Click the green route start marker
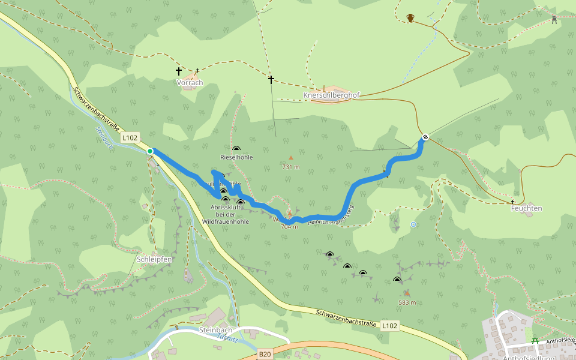tap(150, 151)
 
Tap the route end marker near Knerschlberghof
tap(425, 137)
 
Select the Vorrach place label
tap(190, 83)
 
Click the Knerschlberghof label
tap(327, 95)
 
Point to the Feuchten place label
tap(526, 208)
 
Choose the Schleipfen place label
tap(155, 259)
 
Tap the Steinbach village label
tap(215, 330)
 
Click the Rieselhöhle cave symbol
tap(236, 148)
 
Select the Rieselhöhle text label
tap(236, 157)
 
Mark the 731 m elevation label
tap(290, 167)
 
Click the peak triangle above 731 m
tap(291, 158)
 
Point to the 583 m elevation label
tap(407, 302)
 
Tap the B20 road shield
tap(265, 355)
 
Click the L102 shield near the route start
tap(130, 138)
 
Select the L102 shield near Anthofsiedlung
tap(389, 326)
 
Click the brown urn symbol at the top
tap(410, 18)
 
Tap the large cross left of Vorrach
tap(179, 71)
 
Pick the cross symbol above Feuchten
tap(513, 202)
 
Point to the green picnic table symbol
tap(535, 340)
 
